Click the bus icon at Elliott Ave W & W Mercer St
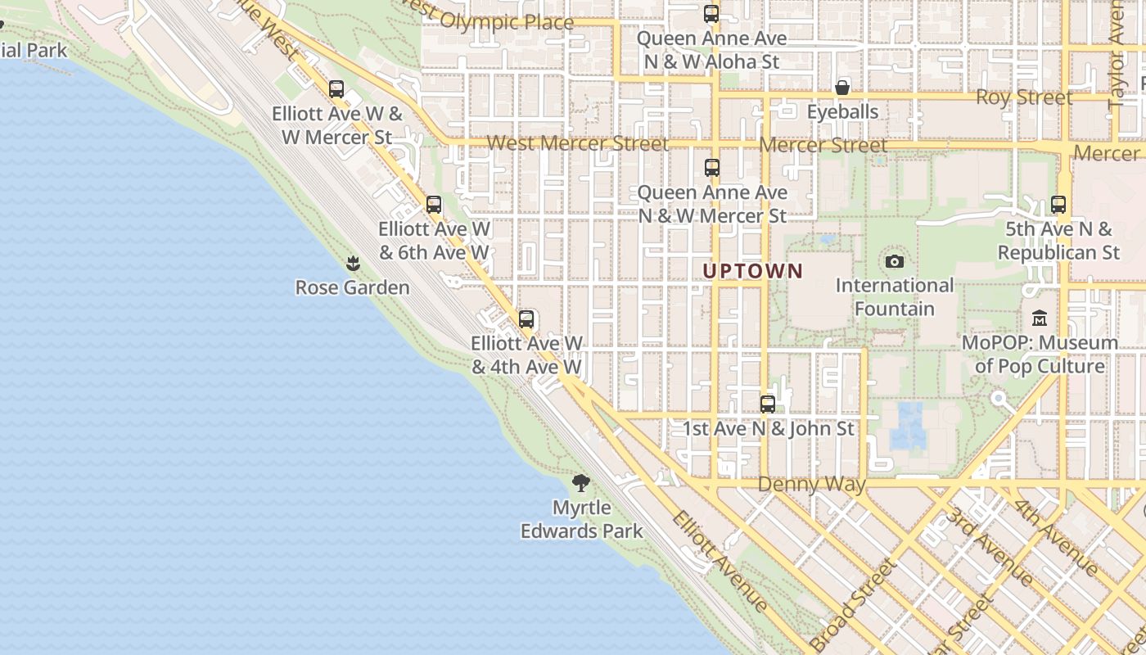click(x=336, y=89)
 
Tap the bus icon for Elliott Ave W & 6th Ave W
click(x=434, y=205)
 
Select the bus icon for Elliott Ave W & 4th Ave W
click(x=526, y=319)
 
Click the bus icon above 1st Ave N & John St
click(x=768, y=404)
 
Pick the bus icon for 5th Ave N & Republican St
click(x=1058, y=205)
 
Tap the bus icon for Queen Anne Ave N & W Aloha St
click(x=711, y=14)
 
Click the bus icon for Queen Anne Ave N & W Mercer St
click(x=712, y=168)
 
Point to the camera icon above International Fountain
click(x=895, y=262)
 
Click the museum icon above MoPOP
click(x=1040, y=318)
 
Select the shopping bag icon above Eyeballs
click(x=842, y=88)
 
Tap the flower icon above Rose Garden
click(x=353, y=264)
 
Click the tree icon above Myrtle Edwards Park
click(x=581, y=483)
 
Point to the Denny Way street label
click(x=811, y=484)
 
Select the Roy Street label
click(x=1024, y=97)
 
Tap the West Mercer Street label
click(x=578, y=144)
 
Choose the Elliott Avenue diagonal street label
click(x=721, y=561)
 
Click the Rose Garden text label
click(x=353, y=287)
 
